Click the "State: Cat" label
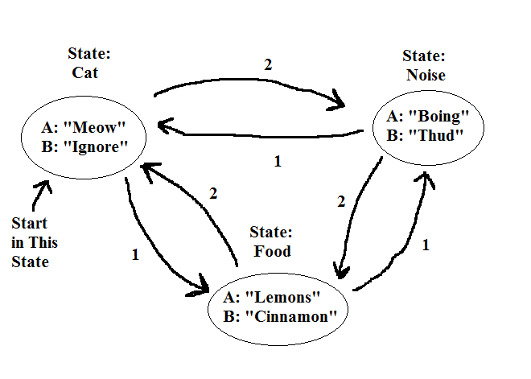(90, 62)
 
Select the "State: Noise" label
(424, 67)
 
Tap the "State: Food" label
(270, 241)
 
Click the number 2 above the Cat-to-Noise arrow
(268, 64)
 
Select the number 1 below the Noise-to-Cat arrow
(278, 162)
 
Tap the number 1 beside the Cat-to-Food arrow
(135, 255)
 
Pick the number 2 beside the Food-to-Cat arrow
(213, 193)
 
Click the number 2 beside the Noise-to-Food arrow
(340, 203)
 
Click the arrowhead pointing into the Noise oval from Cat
(336, 103)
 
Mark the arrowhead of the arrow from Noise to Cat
(163, 126)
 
